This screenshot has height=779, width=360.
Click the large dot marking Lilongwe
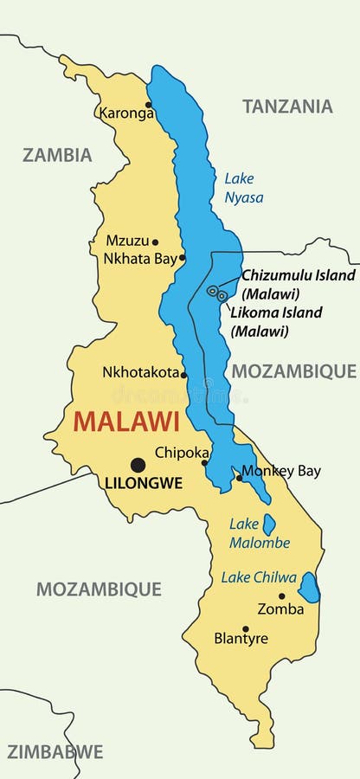click(138, 465)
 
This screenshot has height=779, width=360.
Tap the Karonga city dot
click(148, 105)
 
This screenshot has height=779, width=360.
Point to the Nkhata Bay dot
click(182, 257)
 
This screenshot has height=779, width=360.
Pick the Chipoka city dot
click(205, 462)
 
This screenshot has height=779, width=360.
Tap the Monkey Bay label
click(281, 472)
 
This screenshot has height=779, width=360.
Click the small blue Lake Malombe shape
click(269, 525)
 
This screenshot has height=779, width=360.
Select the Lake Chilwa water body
click(309, 588)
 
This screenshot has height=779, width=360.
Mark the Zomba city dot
click(281, 596)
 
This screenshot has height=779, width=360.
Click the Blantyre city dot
click(245, 629)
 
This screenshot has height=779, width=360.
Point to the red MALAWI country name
click(126, 422)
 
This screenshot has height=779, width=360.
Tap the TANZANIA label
click(287, 106)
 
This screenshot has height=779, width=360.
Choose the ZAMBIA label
click(57, 156)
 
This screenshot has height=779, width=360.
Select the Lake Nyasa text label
click(243, 188)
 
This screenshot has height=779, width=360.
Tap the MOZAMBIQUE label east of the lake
click(293, 371)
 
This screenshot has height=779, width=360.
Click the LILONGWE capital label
click(143, 484)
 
